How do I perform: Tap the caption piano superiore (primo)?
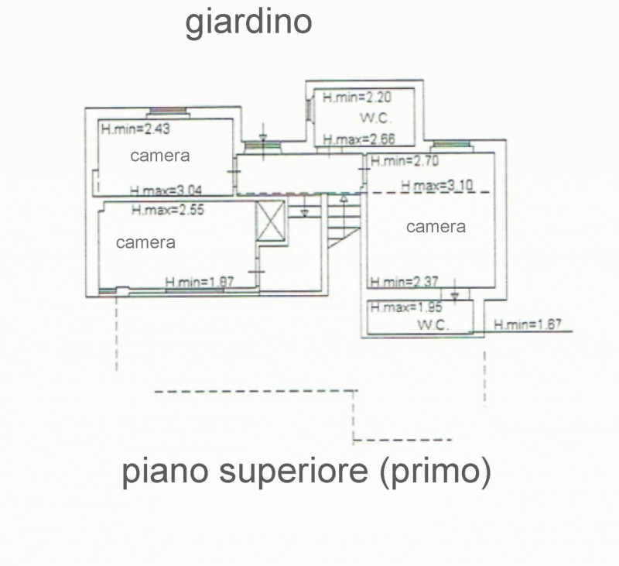(306, 472)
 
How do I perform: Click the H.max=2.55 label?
(167, 209)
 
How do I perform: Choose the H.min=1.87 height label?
(200, 282)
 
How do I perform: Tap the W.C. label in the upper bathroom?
(374, 118)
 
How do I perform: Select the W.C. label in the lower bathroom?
(434, 325)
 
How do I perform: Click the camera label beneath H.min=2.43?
(160, 156)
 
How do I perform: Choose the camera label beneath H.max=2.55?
(145, 242)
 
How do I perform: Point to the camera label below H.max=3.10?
(436, 227)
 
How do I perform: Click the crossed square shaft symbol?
(272, 221)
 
